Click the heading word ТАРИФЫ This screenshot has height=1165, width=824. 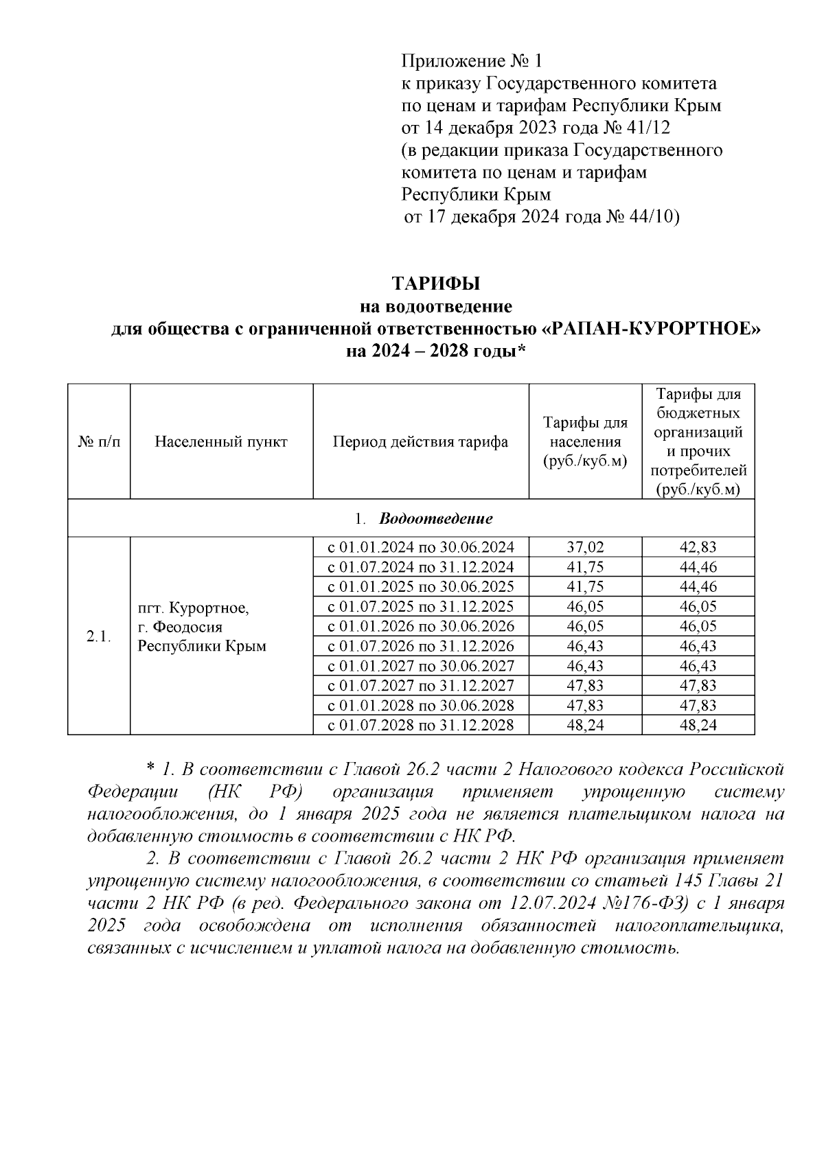pyautogui.click(x=435, y=284)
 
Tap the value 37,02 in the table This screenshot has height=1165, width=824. pyautogui.click(x=585, y=547)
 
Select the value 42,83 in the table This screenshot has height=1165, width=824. pyautogui.click(x=698, y=547)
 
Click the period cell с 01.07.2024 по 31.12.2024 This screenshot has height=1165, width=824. pyautogui.click(x=420, y=567)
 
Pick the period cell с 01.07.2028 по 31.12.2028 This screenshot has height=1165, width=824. pyautogui.click(x=420, y=725)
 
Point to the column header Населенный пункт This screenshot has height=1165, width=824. pyautogui.click(x=221, y=442)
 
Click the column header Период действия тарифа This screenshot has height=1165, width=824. pyautogui.click(x=420, y=442)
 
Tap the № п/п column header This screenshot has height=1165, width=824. pyautogui.click(x=99, y=442)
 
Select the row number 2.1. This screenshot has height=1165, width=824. pyautogui.click(x=99, y=636)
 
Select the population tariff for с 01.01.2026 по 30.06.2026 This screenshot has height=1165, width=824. pyautogui.click(x=585, y=626)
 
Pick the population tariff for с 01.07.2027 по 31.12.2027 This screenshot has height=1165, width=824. pyautogui.click(x=585, y=686)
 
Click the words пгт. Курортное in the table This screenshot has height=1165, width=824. pyautogui.click(x=194, y=608)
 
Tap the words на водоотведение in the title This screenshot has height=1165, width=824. pyautogui.click(x=435, y=306)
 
